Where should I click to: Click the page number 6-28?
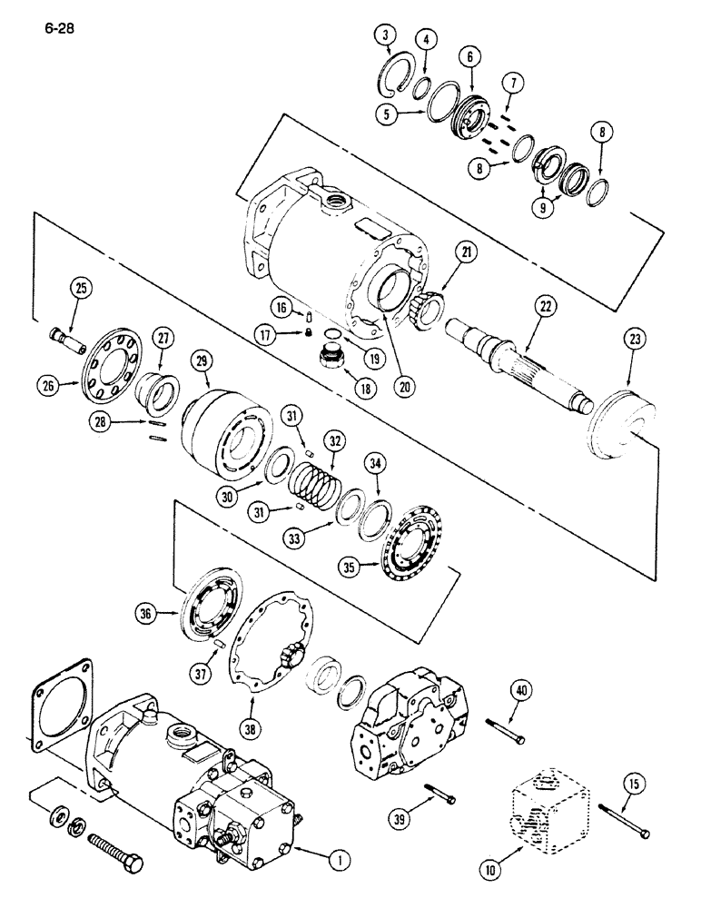(56, 28)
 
